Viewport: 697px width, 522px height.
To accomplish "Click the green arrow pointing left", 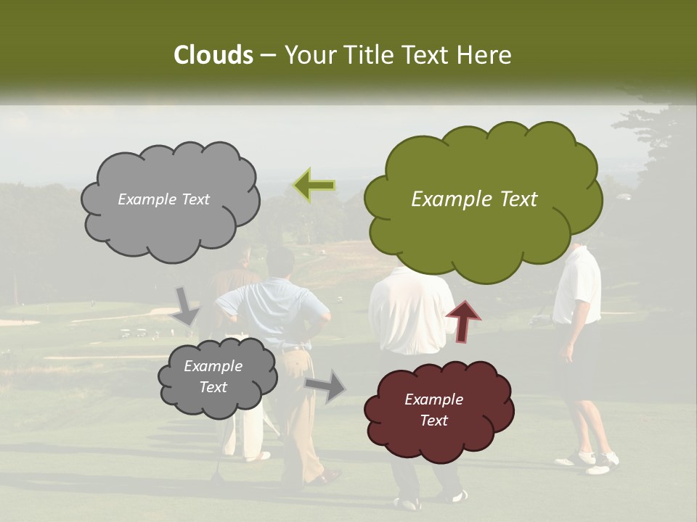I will (314, 185).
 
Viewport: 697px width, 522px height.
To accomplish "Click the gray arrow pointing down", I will (186, 305).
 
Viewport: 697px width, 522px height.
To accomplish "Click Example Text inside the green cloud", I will (474, 199).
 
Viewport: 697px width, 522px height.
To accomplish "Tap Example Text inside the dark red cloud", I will (433, 410).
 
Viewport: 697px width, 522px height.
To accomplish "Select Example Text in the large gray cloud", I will (163, 199).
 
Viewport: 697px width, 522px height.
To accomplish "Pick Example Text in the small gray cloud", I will (213, 376).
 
